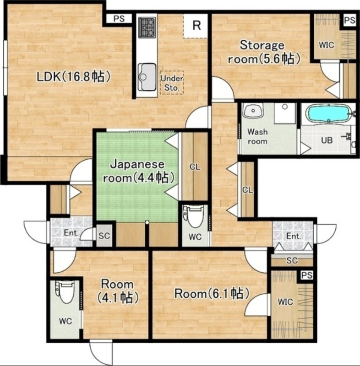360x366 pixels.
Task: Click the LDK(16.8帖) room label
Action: pos(73,76)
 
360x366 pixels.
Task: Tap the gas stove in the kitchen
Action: pos(147,27)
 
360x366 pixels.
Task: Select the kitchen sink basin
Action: pos(147,77)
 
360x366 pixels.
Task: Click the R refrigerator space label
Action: pos(196,25)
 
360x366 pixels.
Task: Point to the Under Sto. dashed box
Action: pos(172,83)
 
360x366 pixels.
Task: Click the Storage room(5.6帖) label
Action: pos(264,52)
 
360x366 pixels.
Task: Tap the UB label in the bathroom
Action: pos(327,140)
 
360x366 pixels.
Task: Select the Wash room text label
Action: pos(257,136)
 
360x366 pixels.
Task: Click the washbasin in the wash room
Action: pos(253,110)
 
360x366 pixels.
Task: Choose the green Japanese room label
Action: pos(139,171)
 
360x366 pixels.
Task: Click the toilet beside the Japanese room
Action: pos(193,216)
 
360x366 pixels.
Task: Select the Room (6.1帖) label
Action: pos(212,293)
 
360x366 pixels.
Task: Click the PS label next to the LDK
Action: pos(119,18)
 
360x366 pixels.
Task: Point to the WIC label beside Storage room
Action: pos(327,45)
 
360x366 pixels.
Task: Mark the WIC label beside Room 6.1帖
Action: pos(285,302)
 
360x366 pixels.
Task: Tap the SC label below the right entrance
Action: pos(292,260)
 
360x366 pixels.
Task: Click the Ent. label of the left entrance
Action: pos(71,233)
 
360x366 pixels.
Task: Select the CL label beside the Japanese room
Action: pos(195,167)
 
